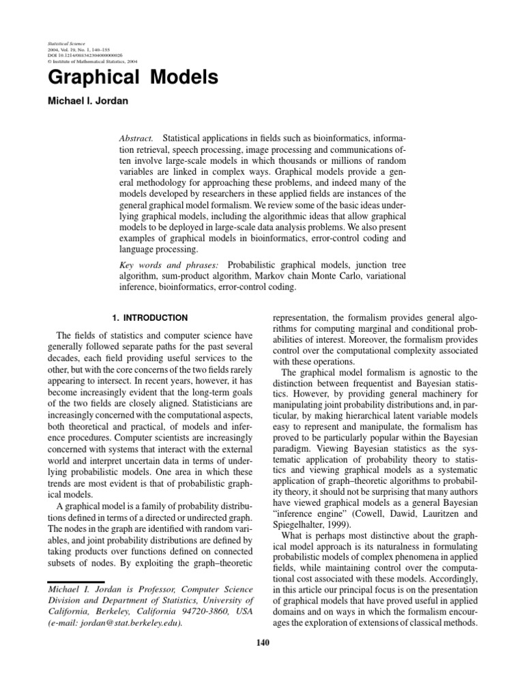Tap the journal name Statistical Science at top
(x=63, y=42)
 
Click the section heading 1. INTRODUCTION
(x=149, y=317)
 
